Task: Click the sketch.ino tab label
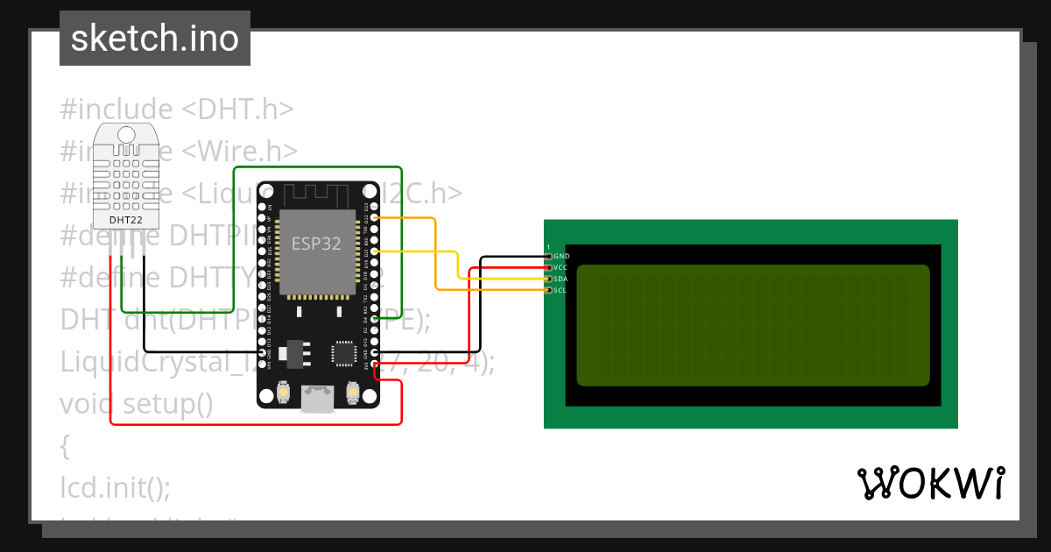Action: [x=155, y=39]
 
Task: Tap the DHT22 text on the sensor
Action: [x=125, y=219]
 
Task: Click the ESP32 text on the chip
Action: [x=316, y=244]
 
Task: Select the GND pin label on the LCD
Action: [x=561, y=256]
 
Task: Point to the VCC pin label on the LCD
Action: [x=561, y=267]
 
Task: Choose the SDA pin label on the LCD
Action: [x=561, y=279]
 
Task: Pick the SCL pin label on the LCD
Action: [x=561, y=289]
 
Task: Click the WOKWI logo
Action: [x=930, y=483]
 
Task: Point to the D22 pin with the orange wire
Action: [x=375, y=216]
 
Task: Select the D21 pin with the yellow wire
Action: [x=375, y=251]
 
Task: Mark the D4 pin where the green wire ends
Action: [x=375, y=318]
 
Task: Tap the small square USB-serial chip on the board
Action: [x=342, y=353]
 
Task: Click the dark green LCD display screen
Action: [x=752, y=325]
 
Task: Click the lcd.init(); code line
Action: [x=116, y=485]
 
